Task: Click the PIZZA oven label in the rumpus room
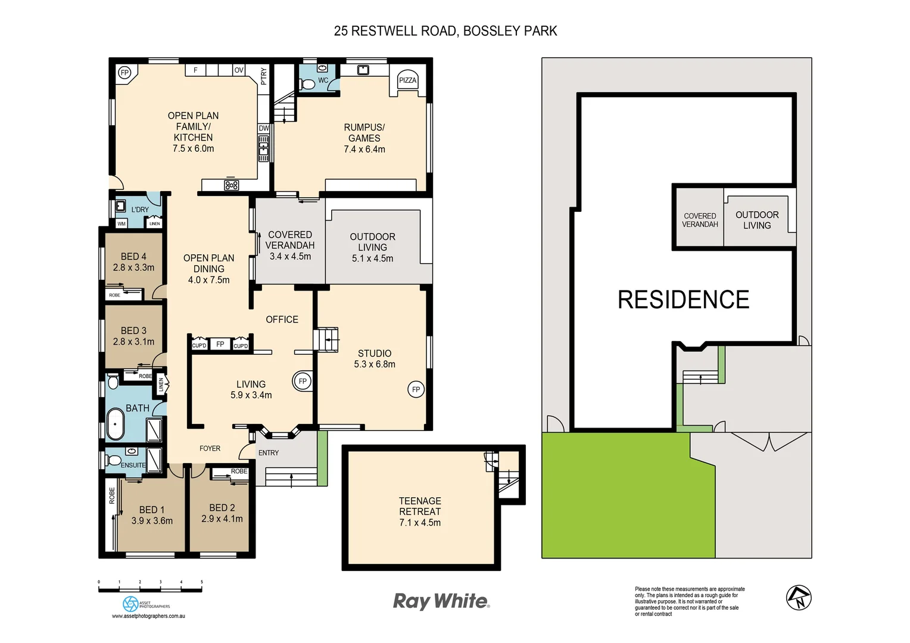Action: click(x=407, y=80)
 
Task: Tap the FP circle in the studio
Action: click(x=416, y=389)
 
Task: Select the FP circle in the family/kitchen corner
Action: click(x=124, y=73)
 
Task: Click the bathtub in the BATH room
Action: click(x=116, y=424)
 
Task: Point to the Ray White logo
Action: click(x=441, y=601)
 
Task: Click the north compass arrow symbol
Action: click(x=799, y=598)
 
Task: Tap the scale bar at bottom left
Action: click(x=150, y=589)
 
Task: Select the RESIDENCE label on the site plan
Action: click(x=683, y=299)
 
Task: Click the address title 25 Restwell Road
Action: click(x=445, y=31)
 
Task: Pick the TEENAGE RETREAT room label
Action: click(x=420, y=506)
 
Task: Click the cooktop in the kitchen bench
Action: click(x=231, y=185)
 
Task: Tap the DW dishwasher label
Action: click(x=264, y=128)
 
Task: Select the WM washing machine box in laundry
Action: click(x=121, y=224)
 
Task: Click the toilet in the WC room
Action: click(x=308, y=84)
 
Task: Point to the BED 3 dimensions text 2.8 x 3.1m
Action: click(x=133, y=342)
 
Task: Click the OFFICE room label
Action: click(x=282, y=320)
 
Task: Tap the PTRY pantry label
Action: click(x=264, y=76)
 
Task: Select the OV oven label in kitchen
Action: click(x=239, y=70)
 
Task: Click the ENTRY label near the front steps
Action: click(x=269, y=453)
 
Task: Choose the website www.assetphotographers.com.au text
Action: click(x=148, y=616)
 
